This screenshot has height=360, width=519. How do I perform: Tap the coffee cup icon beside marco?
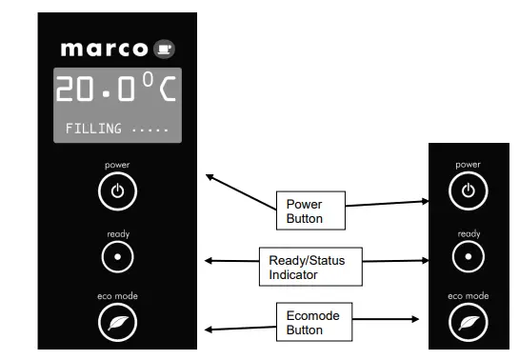[x=165, y=48]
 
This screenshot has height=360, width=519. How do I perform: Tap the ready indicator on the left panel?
[x=117, y=256]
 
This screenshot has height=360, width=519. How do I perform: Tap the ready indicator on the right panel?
[x=468, y=256]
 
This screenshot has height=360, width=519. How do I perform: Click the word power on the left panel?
[x=117, y=165]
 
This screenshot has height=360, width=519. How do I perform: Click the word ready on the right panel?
[x=468, y=233]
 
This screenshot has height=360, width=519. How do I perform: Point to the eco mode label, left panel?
[x=117, y=296]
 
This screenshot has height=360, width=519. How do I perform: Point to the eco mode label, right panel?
[x=468, y=297]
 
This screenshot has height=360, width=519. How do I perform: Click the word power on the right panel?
[x=468, y=165]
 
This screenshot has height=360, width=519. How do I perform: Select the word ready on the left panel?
[x=117, y=233]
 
